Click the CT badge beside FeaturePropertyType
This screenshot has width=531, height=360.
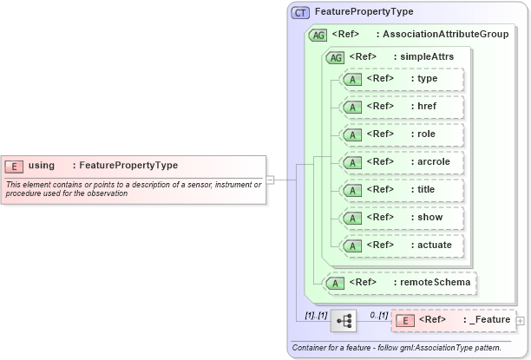click(300, 12)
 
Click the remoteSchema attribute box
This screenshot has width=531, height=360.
click(400, 282)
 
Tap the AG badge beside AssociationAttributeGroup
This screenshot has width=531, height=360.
click(318, 35)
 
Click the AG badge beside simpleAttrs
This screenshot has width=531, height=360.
click(334, 57)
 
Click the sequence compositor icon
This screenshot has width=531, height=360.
click(344, 321)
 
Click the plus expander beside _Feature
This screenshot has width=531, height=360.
click(521, 321)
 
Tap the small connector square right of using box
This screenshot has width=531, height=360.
click(270, 180)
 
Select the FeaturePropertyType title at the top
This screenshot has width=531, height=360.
click(364, 12)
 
